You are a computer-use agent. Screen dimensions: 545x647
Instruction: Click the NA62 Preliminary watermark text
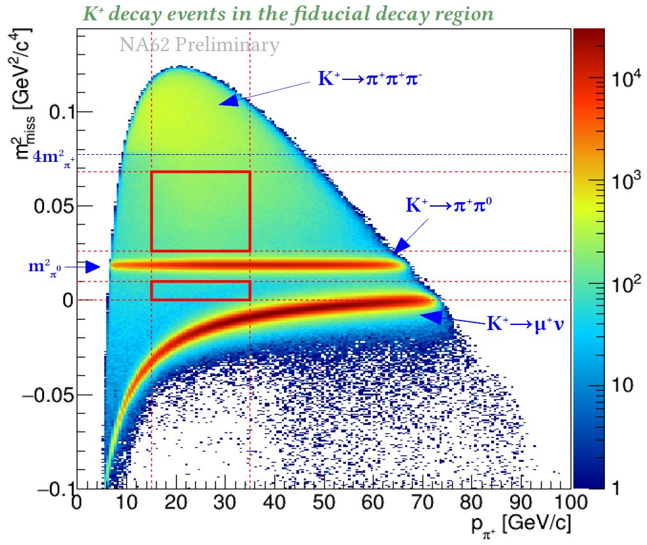[199, 45]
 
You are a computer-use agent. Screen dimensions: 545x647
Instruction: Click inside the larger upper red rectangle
[200, 211]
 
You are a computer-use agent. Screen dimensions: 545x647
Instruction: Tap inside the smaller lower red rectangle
[200, 290]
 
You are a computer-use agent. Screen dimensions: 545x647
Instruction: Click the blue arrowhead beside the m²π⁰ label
[93, 267]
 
